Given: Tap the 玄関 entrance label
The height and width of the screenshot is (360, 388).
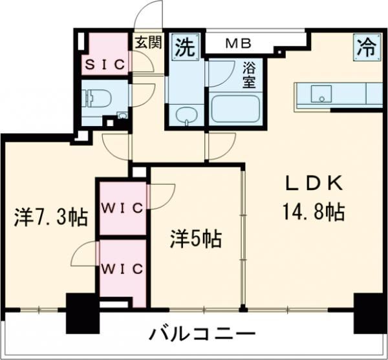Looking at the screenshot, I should click(147, 44).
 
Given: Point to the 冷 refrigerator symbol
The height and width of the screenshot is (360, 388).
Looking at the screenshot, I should click(365, 47).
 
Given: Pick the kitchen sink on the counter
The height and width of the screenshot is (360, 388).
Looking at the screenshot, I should click(319, 96).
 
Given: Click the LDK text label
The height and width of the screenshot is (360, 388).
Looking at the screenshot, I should click(314, 184).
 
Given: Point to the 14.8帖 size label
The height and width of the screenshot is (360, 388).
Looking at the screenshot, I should click(314, 211).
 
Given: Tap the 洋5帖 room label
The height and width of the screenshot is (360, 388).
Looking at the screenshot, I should click(197, 240).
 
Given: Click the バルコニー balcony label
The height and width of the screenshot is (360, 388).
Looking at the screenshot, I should click(202, 335).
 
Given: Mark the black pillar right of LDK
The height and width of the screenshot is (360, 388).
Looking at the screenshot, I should click(367, 310).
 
